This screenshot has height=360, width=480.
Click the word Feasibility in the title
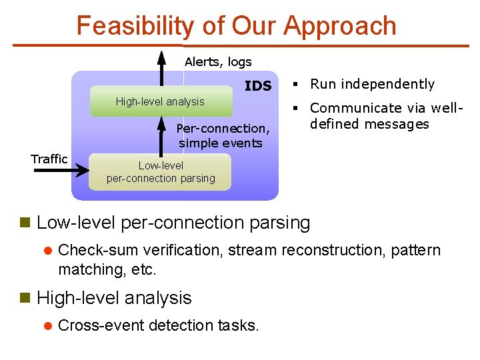point(134,26)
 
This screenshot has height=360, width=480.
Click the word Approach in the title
point(339,26)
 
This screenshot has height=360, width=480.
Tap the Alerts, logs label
point(218,62)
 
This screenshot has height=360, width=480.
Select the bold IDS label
point(258,86)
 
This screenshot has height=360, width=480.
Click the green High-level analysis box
point(161,101)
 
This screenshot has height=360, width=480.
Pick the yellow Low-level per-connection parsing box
point(160,172)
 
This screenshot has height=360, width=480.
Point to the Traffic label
point(49,159)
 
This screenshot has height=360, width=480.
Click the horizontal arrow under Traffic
point(60,171)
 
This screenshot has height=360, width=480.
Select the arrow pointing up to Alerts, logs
point(161,67)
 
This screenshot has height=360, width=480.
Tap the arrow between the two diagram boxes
point(161,134)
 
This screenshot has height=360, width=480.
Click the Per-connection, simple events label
point(223,135)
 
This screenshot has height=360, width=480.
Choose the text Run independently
point(372,84)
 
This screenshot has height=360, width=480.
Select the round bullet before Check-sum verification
point(47,251)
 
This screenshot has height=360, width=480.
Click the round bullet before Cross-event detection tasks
point(47,326)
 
